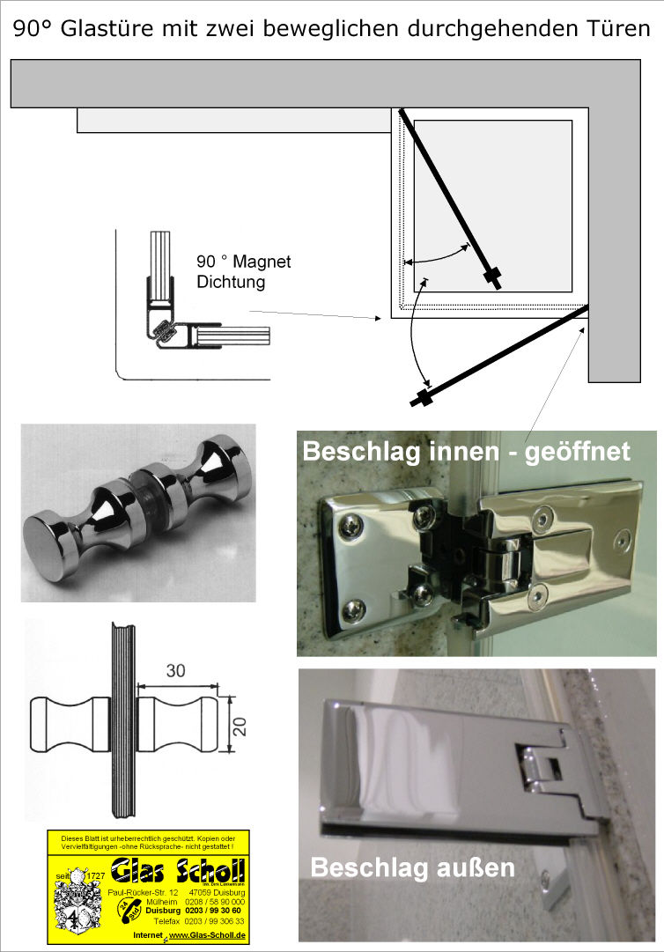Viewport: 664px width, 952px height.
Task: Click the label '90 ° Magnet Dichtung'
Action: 243,272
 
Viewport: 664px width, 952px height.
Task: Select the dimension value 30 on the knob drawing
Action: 176,670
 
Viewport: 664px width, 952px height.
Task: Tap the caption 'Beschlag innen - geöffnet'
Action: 466,452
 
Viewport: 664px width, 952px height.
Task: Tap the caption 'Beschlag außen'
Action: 412,867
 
